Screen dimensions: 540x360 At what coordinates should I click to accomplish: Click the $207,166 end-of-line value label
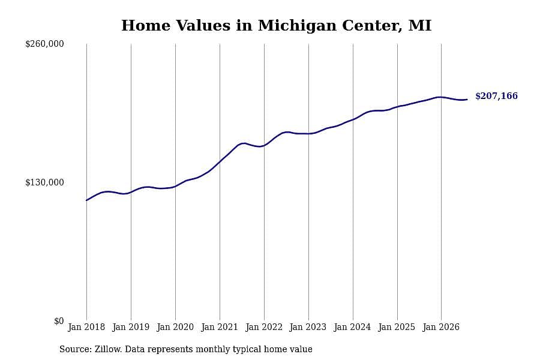point(496,96)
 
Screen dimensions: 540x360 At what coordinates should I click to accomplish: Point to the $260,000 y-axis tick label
point(45,44)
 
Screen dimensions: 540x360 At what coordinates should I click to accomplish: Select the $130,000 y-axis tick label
point(45,182)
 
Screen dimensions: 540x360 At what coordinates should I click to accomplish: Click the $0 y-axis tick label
point(59,321)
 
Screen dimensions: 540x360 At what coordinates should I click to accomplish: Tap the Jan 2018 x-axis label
point(86,327)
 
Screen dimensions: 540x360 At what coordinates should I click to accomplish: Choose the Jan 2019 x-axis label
point(131,327)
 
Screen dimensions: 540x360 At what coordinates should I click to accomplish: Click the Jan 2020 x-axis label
point(175,327)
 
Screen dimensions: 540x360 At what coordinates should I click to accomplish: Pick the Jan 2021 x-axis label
point(220,327)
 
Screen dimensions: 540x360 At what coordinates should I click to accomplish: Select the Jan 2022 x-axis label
point(264,327)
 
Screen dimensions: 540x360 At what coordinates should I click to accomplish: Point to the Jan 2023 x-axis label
point(308,327)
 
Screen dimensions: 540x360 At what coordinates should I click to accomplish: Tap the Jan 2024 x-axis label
point(353,327)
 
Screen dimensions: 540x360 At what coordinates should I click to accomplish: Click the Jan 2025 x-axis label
point(397,327)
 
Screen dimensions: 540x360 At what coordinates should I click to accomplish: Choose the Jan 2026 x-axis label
point(441,327)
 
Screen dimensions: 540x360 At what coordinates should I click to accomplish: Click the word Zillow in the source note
point(108,349)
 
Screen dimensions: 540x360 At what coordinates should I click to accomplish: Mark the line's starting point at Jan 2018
point(86,200)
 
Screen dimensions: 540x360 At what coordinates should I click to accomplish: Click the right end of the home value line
point(467,100)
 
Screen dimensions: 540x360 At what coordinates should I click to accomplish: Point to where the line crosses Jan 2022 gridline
point(264,145)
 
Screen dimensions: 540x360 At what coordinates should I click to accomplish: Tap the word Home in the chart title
point(146,26)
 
